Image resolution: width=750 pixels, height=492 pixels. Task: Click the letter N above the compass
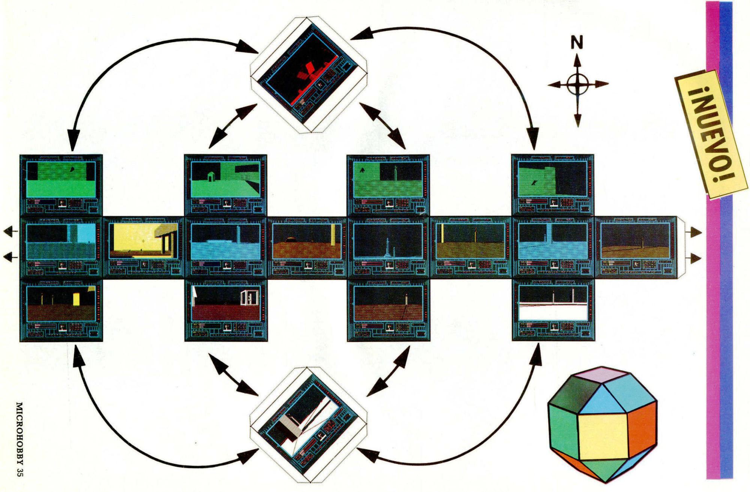pyautogui.click(x=577, y=43)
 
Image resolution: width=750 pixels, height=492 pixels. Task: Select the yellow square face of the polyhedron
pyautogui.click(x=603, y=437)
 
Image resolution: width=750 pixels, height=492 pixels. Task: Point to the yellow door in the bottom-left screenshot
pyautogui.click(x=76, y=300)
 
